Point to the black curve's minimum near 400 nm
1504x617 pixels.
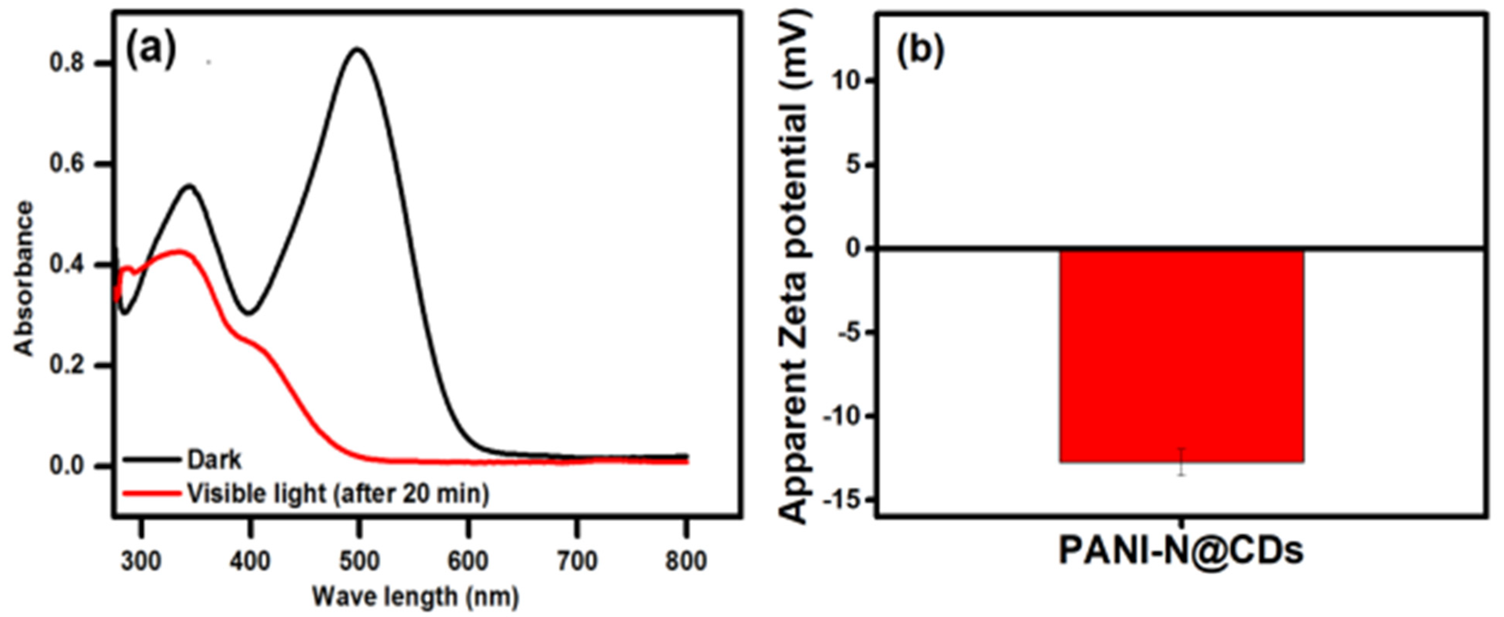249,313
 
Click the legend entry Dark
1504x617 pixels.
214,460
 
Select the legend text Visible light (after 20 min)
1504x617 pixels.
338,494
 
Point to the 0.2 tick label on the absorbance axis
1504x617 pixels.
69,366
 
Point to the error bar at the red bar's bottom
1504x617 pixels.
1182,462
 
